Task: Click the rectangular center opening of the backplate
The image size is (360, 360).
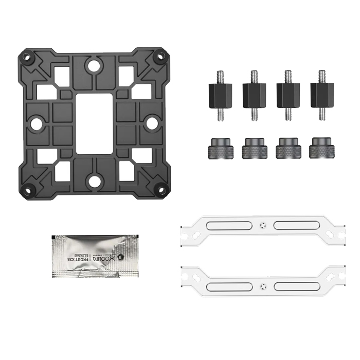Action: click(93, 123)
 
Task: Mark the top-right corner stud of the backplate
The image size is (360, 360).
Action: click(160, 55)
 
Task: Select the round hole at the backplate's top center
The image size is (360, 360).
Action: click(93, 65)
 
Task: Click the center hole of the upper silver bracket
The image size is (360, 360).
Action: click(263, 225)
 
